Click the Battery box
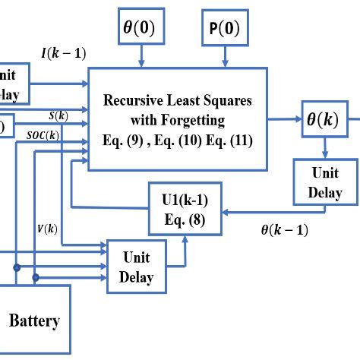click(34, 320)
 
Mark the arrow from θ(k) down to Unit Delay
click(324, 148)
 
